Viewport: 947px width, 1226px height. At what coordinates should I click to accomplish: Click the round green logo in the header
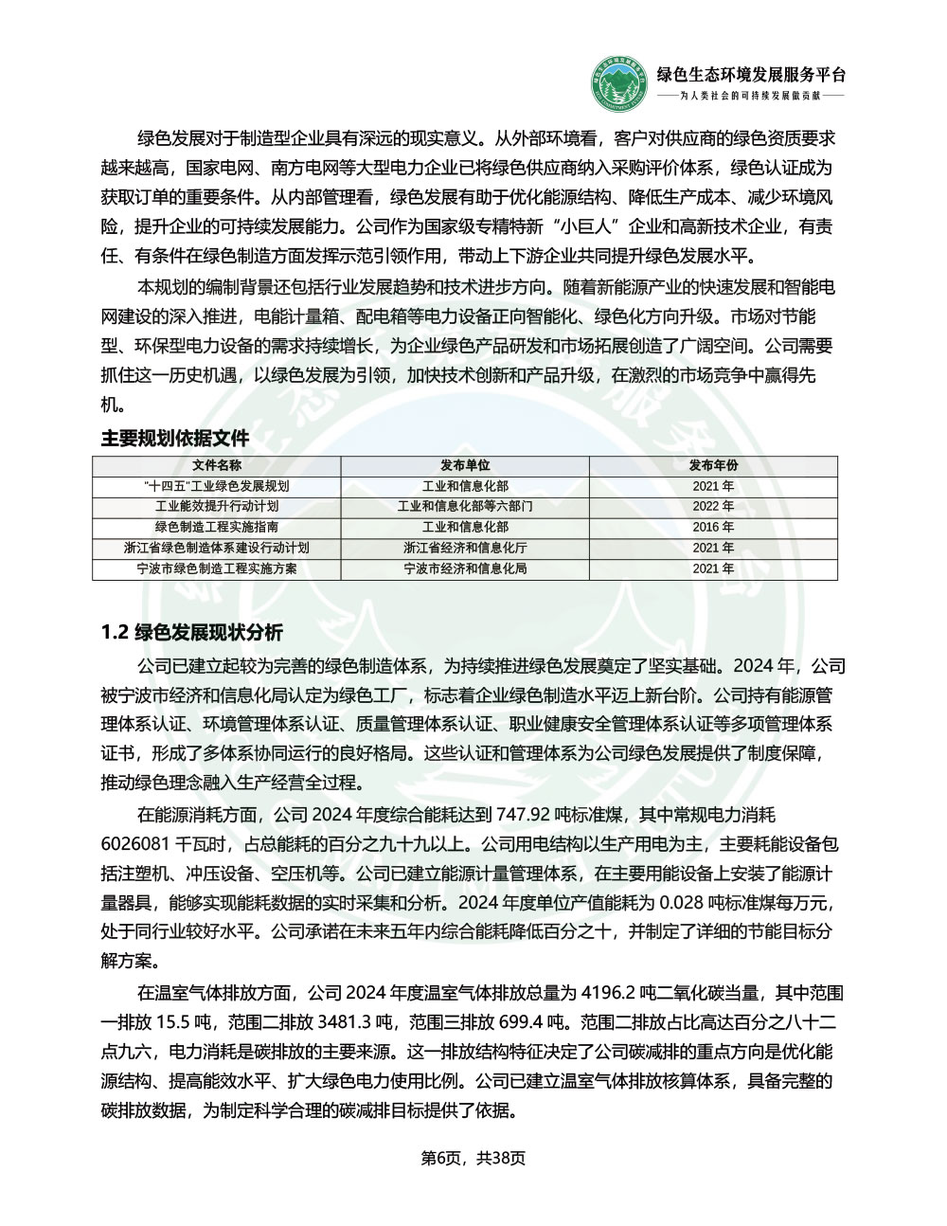(618, 84)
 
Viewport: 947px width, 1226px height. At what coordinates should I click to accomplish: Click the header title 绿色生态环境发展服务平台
(751, 76)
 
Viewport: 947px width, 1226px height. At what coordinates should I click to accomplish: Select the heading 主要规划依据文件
(175, 439)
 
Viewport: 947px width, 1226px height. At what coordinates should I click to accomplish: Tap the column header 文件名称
(217, 465)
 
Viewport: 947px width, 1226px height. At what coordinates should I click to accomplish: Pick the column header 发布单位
(465, 465)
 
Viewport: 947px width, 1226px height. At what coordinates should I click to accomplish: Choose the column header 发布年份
(713, 465)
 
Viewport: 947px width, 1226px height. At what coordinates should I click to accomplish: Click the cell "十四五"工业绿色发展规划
(217, 486)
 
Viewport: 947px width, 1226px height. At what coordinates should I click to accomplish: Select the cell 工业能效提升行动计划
(217, 507)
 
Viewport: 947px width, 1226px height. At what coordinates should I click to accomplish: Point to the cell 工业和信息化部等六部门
(465, 507)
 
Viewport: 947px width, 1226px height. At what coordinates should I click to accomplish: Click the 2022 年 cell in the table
(713, 507)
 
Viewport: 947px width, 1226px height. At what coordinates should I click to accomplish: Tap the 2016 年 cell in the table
(713, 528)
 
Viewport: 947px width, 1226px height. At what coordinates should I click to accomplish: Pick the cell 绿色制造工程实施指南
(217, 528)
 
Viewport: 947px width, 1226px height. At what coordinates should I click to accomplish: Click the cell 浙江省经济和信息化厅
(465, 549)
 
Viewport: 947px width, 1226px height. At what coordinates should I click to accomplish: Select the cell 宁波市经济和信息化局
(465, 569)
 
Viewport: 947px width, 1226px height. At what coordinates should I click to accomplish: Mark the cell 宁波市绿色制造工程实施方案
(217, 569)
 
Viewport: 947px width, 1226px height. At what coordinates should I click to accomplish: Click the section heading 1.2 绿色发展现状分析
(191, 633)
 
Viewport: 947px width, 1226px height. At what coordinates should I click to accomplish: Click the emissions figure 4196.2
(606, 993)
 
